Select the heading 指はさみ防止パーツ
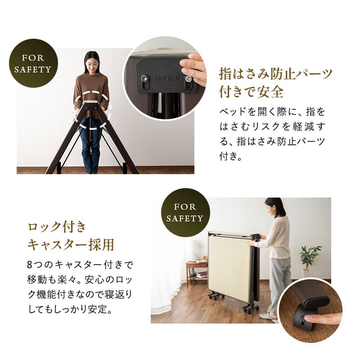(276, 73)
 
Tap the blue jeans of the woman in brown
(91, 144)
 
